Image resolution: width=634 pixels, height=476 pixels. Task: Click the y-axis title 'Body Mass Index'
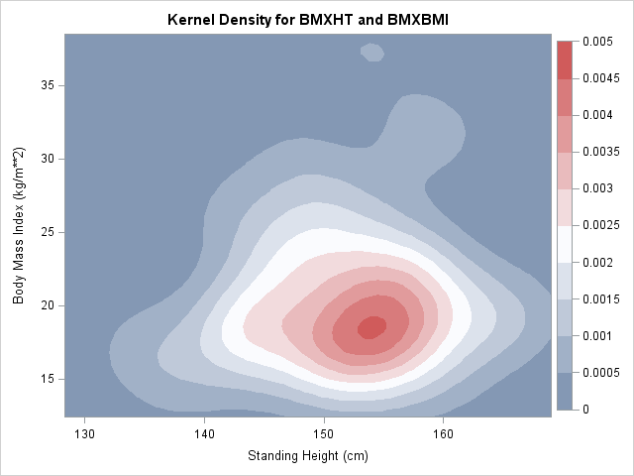(x=19, y=226)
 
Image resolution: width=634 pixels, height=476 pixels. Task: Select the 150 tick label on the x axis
(x=324, y=432)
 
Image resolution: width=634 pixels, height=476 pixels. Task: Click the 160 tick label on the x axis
(x=443, y=432)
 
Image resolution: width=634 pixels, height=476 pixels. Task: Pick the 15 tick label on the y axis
(x=47, y=379)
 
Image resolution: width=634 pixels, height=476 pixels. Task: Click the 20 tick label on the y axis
(x=47, y=305)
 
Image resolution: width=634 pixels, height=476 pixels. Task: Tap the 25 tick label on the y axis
(x=47, y=232)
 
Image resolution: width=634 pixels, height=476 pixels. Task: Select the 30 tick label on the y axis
(x=47, y=159)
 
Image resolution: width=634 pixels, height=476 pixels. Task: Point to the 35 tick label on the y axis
(x=47, y=85)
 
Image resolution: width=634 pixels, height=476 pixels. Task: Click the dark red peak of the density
(x=371, y=327)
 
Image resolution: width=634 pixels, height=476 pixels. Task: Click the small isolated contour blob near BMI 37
(x=372, y=51)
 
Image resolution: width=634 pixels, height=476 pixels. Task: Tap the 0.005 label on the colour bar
(x=597, y=41)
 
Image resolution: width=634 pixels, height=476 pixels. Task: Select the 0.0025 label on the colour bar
(x=600, y=225)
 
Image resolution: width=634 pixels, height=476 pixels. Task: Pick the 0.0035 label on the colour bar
(x=600, y=152)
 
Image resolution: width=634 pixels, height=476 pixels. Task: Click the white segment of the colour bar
(x=565, y=244)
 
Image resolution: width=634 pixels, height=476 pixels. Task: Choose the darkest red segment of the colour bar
(x=565, y=59)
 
